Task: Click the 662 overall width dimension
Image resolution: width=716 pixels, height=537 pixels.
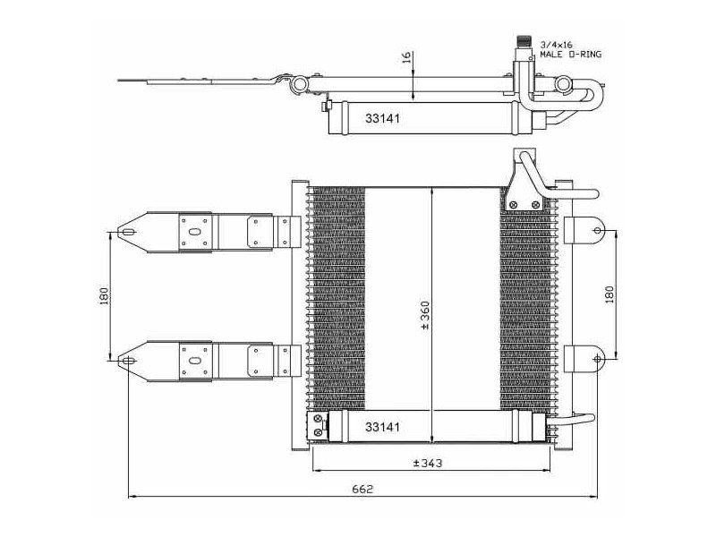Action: pyautogui.click(x=362, y=489)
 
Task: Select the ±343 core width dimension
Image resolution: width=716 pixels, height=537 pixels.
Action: pyautogui.click(x=428, y=463)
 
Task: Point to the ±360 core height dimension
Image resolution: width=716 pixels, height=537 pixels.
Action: pyautogui.click(x=425, y=315)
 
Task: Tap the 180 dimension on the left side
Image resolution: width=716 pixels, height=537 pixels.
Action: pyautogui.click(x=105, y=296)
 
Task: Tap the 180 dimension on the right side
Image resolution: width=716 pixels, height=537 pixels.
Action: pyautogui.click(x=609, y=295)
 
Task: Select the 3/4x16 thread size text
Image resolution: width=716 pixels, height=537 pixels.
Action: pyautogui.click(x=556, y=45)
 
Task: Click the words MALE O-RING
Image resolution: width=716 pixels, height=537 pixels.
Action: pyautogui.click(x=571, y=55)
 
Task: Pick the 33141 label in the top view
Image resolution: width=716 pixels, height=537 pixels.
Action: pyautogui.click(x=382, y=118)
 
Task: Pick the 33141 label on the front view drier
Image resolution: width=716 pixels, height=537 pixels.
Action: pyautogui.click(x=382, y=427)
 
